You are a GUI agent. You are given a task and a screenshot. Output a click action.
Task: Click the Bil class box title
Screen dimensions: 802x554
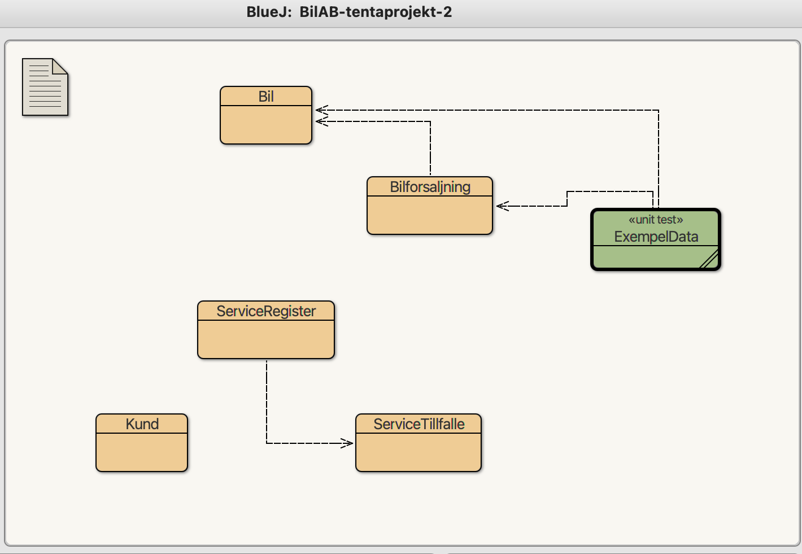[266, 97]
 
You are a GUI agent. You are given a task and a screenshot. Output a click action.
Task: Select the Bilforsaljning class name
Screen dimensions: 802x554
[430, 187]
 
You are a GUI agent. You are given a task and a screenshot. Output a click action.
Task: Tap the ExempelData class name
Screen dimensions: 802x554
[656, 237]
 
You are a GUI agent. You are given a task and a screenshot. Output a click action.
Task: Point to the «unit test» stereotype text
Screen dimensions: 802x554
[656, 220]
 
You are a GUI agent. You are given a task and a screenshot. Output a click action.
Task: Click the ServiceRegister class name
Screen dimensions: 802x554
[266, 311]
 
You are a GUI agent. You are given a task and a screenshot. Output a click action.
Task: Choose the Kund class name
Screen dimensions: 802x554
[142, 424]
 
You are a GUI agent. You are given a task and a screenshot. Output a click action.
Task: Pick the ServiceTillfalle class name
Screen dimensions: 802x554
[419, 424]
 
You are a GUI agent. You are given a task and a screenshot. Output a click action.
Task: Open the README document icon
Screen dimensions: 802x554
[45, 87]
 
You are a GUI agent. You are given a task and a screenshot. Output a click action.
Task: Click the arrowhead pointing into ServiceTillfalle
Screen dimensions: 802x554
[347, 443]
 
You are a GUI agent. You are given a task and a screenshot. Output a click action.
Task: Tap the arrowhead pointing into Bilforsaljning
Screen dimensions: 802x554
[503, 206]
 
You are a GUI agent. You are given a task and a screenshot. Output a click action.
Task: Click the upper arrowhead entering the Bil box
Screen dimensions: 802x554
[322, 110]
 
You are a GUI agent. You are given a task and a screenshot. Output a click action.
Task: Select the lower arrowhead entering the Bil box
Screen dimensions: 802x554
[322, 121]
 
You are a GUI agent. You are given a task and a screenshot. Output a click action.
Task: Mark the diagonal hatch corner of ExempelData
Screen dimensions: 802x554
[709, 259]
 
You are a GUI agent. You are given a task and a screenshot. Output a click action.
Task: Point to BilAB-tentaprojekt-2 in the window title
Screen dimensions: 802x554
[376, 12]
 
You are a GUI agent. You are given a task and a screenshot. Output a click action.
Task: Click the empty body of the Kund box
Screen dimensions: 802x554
[142, 452]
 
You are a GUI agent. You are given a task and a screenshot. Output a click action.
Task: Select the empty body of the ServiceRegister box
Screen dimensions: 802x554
[266, 339]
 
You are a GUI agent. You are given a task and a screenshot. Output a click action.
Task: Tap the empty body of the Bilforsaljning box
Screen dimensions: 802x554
[430, 215]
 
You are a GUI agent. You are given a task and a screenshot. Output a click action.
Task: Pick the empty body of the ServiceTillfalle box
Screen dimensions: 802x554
[418, 452]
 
